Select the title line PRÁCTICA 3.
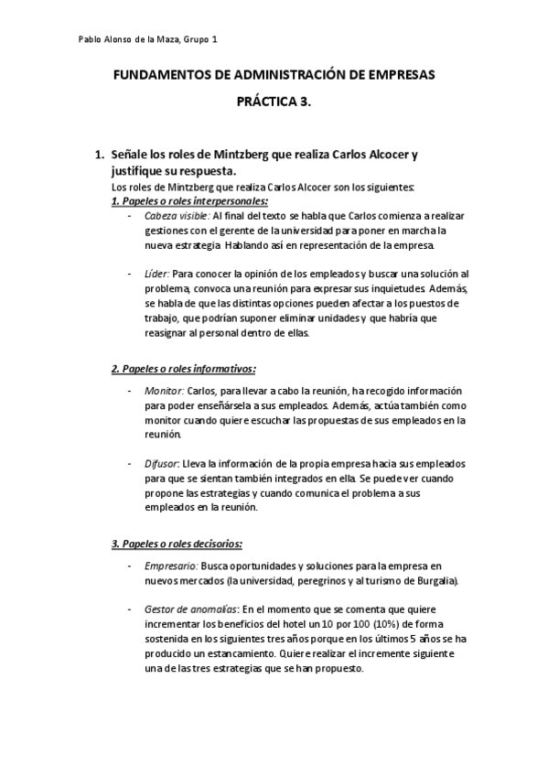[x=274, y=103]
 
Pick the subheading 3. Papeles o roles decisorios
[x=177, y=544]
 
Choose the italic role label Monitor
[x=163, y=391]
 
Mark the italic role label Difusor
[x=161, y=464]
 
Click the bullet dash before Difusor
[x=131, y=464]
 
